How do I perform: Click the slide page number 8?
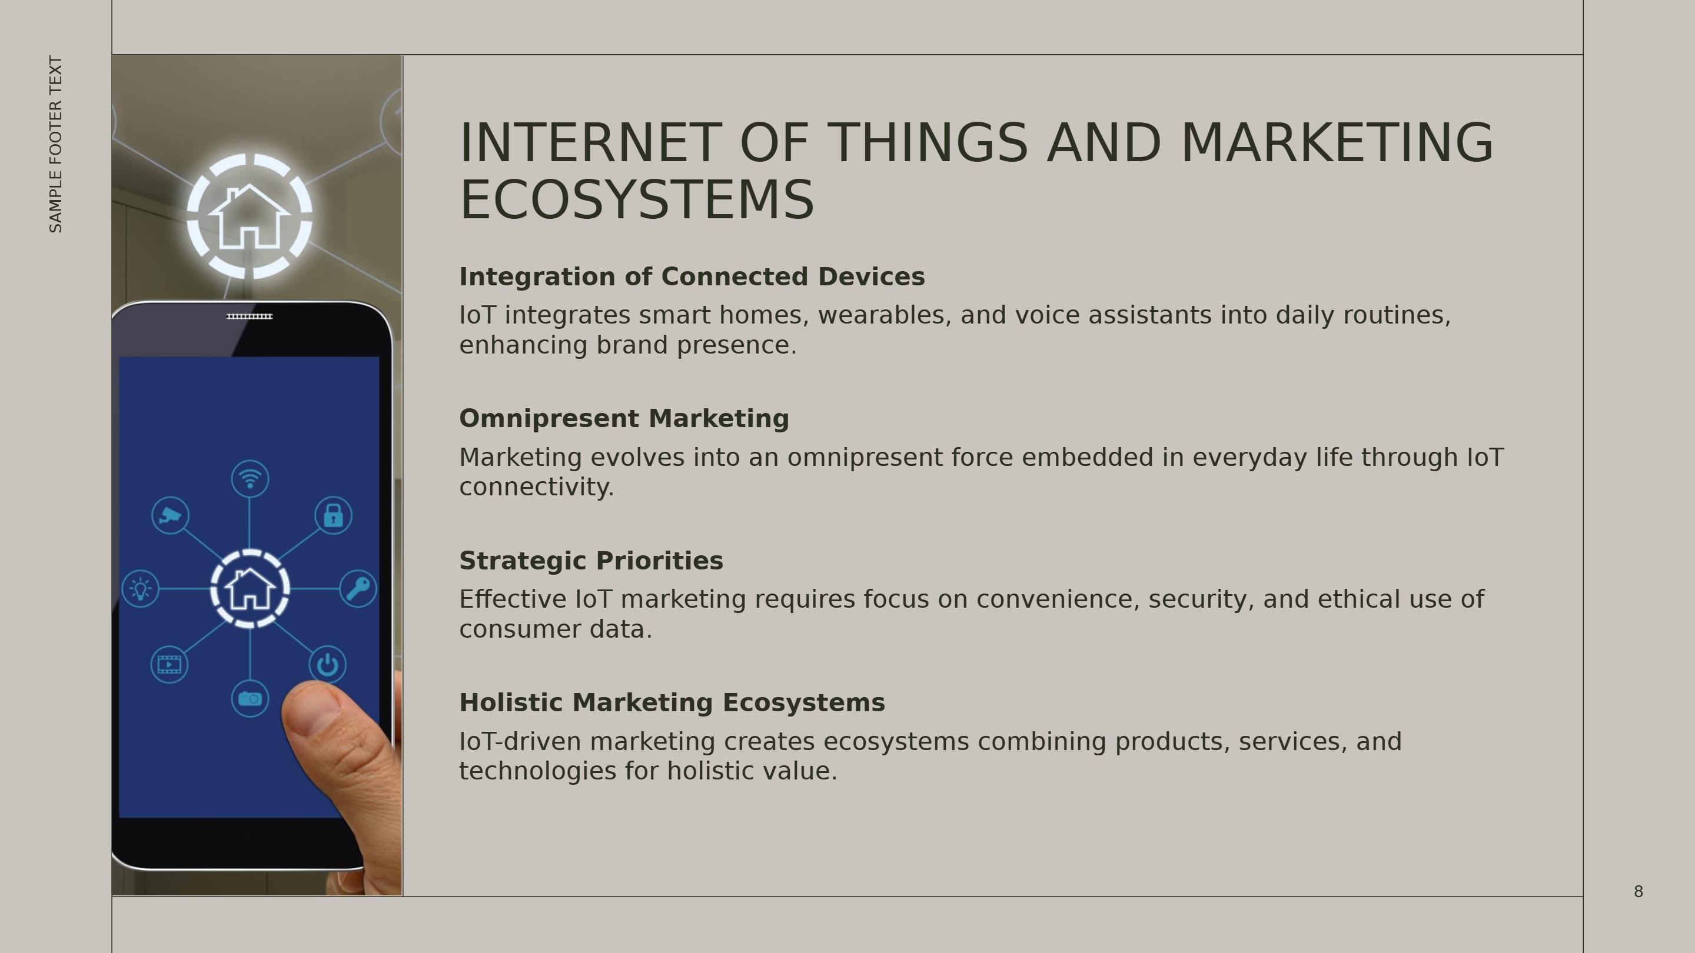coord(1638,892)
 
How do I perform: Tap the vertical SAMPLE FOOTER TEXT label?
coord(56,144)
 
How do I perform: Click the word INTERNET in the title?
coord(590,144)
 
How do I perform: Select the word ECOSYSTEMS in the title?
coord(637,200)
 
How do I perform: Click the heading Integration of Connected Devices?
coord(692,277)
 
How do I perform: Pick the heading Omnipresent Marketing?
coord(624,418)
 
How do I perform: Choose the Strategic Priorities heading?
coord(591,561)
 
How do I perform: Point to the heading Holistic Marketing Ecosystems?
coord(672,702)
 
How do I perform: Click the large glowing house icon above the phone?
coord(250,216)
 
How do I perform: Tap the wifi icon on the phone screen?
coord(250,479)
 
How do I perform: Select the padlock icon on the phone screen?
coord(333,515)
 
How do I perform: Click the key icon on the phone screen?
coord(358,589)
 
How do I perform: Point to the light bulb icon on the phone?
coord(140,589)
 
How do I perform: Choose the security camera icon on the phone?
coord(171,515)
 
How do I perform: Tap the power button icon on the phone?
coord(328,665)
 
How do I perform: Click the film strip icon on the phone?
coord(169,664)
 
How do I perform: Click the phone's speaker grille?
coord(250,316)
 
